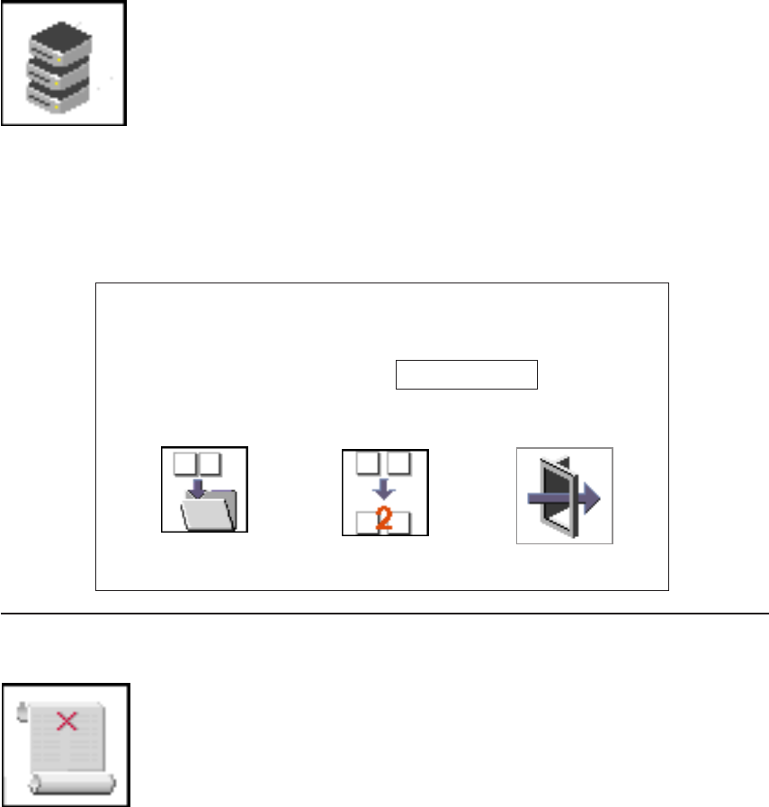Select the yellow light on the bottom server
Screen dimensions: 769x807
56,106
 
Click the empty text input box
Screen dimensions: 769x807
466,375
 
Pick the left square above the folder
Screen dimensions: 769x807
185,463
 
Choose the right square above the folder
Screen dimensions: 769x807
210,463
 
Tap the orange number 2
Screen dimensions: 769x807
385,520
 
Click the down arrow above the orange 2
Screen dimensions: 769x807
385,491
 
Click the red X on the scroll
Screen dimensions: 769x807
66,719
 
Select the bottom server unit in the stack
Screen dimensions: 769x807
59,97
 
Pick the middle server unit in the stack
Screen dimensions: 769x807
59,71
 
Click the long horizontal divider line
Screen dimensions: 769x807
384,614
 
